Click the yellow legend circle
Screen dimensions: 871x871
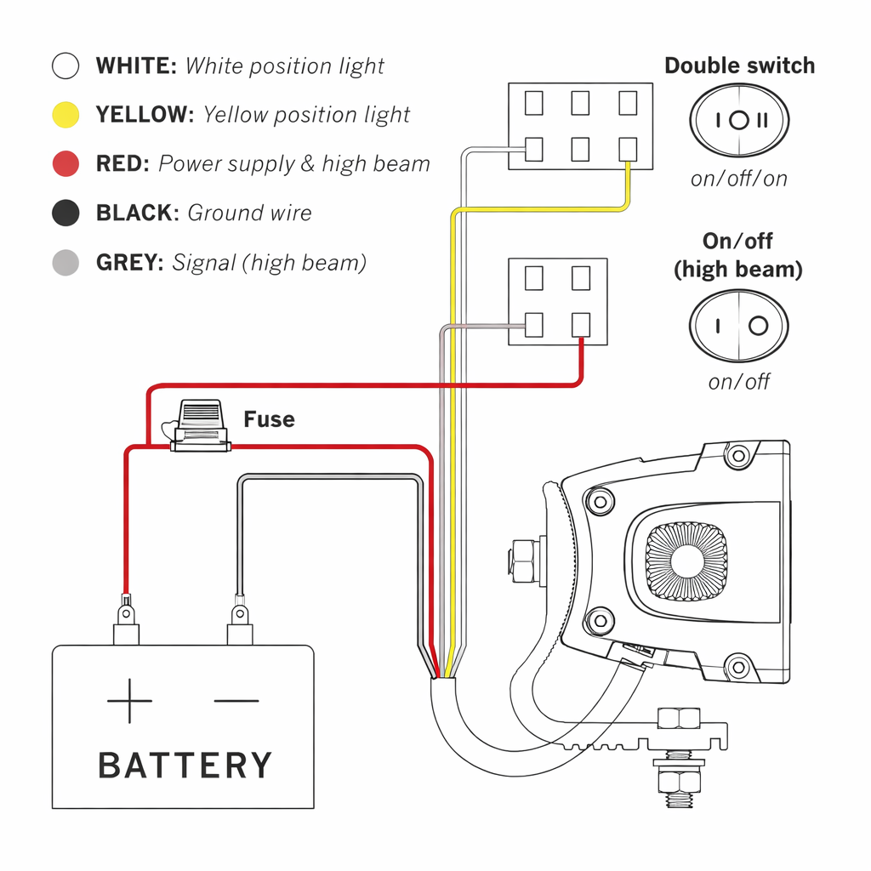(65, 115)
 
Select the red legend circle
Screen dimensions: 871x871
(65, 164)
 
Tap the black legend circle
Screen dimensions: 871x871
(65, 213)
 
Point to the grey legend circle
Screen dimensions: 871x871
(65, 262)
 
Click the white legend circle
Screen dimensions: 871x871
(65, 65)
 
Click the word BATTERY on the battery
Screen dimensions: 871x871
(185, 766)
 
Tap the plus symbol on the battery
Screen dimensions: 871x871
(129, 701)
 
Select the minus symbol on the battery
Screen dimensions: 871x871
(236, 701)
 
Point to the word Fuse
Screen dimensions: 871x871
(270, 419)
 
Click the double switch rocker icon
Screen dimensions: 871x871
(739, 120)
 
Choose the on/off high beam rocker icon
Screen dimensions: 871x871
(739, 326)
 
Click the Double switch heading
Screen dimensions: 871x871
(739, 65)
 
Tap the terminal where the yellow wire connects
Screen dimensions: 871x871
(628, 150)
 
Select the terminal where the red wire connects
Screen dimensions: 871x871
(581, 325)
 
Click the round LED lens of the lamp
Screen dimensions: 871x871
(686, 561)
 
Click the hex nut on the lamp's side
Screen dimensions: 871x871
(522, 561)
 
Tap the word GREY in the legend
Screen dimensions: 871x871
(130, 263)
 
